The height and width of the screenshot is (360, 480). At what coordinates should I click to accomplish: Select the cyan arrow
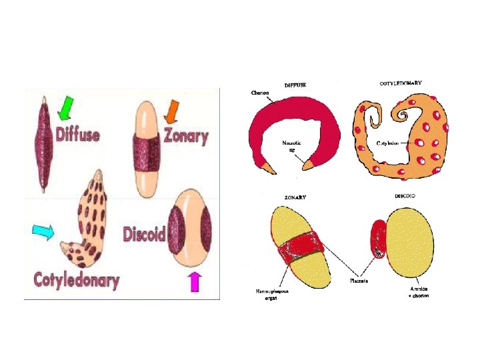pos(45,231)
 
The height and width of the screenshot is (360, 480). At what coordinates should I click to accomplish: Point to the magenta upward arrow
pos(195,281)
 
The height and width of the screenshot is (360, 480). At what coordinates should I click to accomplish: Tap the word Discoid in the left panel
pos(144,234)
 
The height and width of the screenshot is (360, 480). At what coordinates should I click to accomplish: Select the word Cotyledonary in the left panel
pos(77,279)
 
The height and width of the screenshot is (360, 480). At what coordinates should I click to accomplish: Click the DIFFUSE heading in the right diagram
pos(296,85)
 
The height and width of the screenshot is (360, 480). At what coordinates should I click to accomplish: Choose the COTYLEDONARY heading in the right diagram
pos(400,83)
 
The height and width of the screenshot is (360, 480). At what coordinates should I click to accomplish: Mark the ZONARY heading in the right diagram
pos(295,198)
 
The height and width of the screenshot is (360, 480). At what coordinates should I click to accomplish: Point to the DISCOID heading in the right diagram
pos(407,196)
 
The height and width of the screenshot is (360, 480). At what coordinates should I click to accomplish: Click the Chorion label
pos(259,92)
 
